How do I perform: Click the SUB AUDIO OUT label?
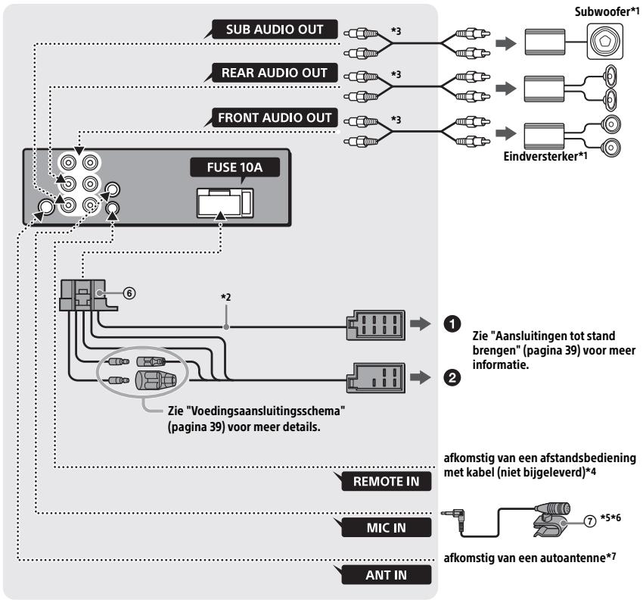pos(275,30)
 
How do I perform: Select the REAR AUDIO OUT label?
pos(275,73)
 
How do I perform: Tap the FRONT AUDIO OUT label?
pos(275,118)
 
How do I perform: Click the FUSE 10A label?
pos(235,167)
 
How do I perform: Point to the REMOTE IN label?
pos(387,481)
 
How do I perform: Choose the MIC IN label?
pos(387,528)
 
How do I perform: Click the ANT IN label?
pos(387,575)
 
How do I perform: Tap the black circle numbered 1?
pos(452,324)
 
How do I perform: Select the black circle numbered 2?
pos(452,377)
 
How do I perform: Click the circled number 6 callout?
pos(129,293)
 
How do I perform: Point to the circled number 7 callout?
pos(590,521)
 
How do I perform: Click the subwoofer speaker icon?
pos(605,41)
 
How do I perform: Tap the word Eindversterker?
pos(540,157)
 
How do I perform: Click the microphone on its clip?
pos(552,519)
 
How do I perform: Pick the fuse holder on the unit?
pos(225,203)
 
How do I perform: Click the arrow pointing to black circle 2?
pos(421,377)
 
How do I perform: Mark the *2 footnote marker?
pos(226,297)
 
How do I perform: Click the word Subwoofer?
pos(601,11)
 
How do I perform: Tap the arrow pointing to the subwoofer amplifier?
pos(506,43)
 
